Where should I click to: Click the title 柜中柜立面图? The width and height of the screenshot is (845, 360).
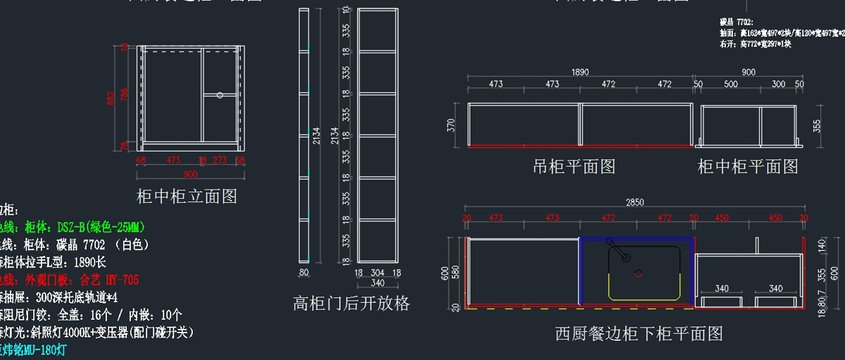point(187,196)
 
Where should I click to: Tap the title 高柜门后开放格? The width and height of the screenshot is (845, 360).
point(351,304)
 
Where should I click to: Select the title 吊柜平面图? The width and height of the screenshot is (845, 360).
point(574,167)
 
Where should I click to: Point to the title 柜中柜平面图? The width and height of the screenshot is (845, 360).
point(748,167)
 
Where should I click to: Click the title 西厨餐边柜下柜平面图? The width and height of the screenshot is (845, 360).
point(639,333)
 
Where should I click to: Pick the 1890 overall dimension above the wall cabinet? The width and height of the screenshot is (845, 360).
point(580,72)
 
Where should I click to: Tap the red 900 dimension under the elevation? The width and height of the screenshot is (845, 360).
point(189,174)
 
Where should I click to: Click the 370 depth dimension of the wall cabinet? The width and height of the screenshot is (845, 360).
point(452,125)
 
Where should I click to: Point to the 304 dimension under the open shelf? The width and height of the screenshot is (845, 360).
point(377,273)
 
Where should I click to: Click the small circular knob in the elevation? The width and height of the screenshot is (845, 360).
point(220,94)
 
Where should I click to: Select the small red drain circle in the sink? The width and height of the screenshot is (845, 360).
point(639,273)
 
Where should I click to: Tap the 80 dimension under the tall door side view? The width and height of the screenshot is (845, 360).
point(304,273)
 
